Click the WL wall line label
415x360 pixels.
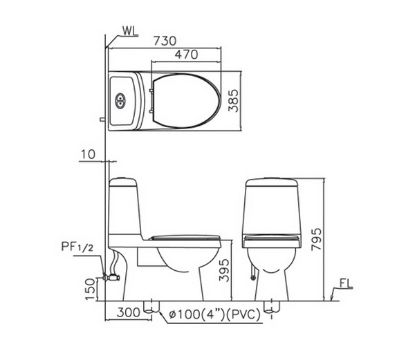pyautogui.click(x=130, y=31)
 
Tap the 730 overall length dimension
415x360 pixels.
pyautogui.click(x=165, y=41)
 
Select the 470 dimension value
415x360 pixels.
pyautogui.click(x=186, y=55)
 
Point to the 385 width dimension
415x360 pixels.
pyautogui.click(x=234, y=101)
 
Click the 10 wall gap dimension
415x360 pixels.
pyautogui.click(x=88, y=154)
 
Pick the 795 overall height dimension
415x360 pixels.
pyautogui.click(x=316, y=239)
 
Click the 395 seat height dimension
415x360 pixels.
pyautogui.click(x=224, y=270)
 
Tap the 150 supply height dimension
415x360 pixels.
pyautogui.click(x=90, y=289)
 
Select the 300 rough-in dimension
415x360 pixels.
pyautogui.click(x=129, y=313)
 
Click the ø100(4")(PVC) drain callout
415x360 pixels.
pyautogui.click(x=215, y=314)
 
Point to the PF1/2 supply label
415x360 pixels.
pyautogui.click(x=77, y=247)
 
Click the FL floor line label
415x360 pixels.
pyautogui.click(x=346, y=284)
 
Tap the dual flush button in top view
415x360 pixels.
pyautogui.click(x=120, y=101)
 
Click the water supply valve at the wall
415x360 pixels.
pyautogui.click(x=111, y=278)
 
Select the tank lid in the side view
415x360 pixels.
pyautogui.click(x=123, y=182)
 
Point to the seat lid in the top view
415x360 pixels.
pyautogui.click(x=186, y=101)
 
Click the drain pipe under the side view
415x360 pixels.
pyautogui.click(x=151, y=307)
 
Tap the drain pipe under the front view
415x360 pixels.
pyautogui.click(x=272, y=307)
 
